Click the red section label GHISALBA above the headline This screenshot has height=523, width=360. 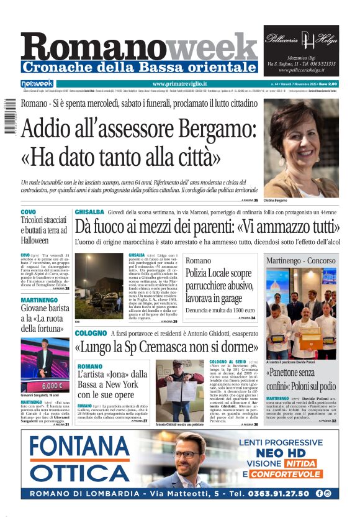(89, 212)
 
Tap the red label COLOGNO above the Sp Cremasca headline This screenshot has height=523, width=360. (91, 334)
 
